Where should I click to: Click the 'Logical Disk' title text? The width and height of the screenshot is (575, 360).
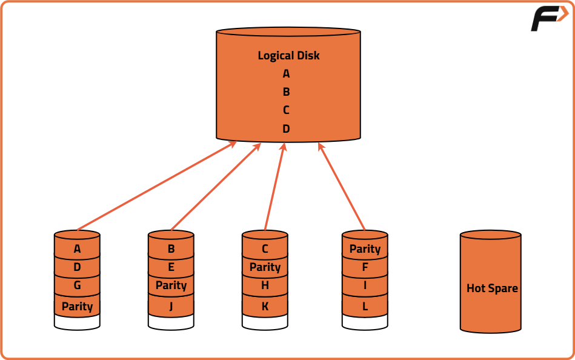coord(288,55)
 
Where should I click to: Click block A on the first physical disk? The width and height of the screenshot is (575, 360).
coord(77,248)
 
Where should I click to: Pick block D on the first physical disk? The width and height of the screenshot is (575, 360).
coord(77,267)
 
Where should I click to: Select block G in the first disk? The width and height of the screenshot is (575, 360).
coord(77,285)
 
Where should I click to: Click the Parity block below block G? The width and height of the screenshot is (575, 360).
coord(77,306)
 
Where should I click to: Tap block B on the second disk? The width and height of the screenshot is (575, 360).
coord(171,248)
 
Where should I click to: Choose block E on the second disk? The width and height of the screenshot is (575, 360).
coord(171,267)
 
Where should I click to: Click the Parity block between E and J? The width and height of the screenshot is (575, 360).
coord(171,285)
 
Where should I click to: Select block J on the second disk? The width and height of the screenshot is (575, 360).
coord(171,306)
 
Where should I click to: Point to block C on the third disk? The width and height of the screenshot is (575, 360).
coord(265,248)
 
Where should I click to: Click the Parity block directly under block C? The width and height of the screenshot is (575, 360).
coord(265,267)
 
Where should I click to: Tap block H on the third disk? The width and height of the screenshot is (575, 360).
coord(265,285)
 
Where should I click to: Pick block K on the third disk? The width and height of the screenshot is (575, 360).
coord(265,306)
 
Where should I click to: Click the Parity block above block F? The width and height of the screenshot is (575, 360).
coord(365,248)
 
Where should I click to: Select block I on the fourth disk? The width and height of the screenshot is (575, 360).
coord(365,285)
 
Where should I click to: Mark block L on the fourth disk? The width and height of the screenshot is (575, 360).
coord(365,306)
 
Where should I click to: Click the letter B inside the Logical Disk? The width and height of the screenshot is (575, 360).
coord(286,92)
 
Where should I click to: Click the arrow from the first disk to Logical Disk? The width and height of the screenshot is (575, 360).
coord(156,186)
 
